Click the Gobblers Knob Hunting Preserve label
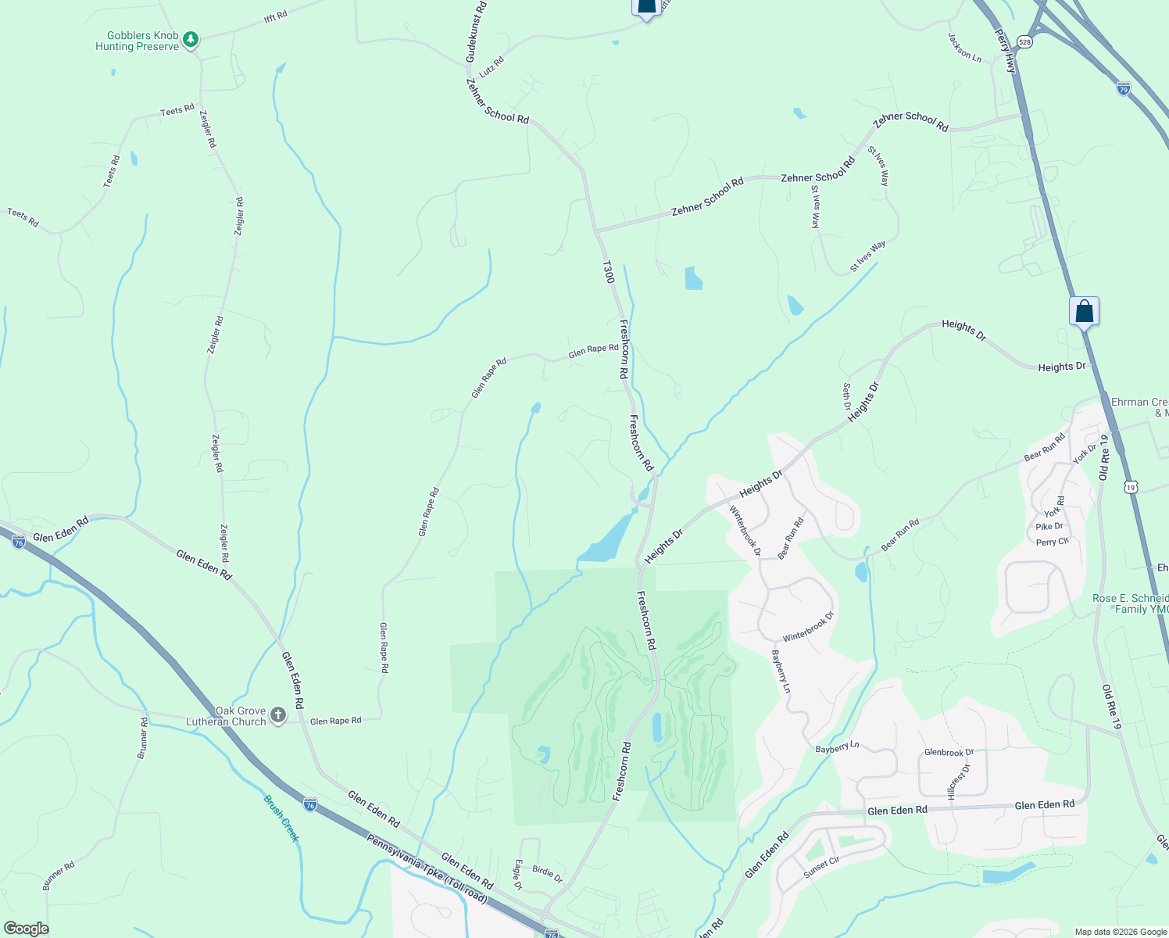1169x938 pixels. [x=138, y=41]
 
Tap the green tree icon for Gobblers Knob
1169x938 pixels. [x=190, y=38]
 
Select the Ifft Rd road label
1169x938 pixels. [x=276, y=16]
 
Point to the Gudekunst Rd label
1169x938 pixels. [x=475, y=32]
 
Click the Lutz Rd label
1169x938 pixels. [x=492, y=66]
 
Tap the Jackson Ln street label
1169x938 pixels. [x=964, y=47]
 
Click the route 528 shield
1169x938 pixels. [x=1025, y=41]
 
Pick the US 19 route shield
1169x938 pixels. [x=1131, y=487]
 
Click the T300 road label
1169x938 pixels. [x=608, y=272]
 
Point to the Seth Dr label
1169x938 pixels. [x=846, y=396]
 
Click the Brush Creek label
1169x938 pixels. [x=281, y=818]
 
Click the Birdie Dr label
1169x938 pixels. [x=547, y=874]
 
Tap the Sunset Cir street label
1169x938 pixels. [x=821, y=867]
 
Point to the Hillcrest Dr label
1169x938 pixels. [x=960, y=782]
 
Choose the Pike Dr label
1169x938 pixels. [x=1049, y=527]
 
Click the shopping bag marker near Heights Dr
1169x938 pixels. [x=1084, y=311]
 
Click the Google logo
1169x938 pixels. [x=26, y=929]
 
